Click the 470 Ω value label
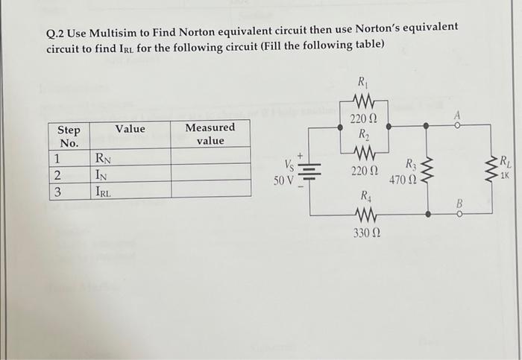click(400, 180)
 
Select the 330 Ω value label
click(365, 235)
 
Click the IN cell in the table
click(103, 174)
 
